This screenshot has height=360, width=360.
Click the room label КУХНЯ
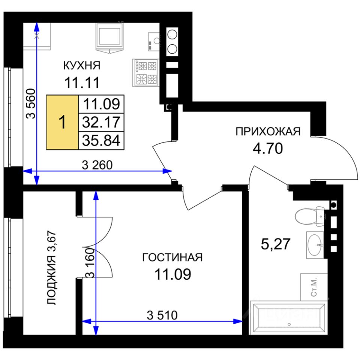point(82,65)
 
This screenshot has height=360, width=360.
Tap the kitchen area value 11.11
point(82,82)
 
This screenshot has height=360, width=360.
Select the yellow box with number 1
point(63,122)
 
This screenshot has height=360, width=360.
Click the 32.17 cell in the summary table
point(101,122)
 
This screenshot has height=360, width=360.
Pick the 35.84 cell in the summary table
point(101,141)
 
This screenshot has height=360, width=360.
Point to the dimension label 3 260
point(97,165)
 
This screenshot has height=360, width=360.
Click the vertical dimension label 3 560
point(30,103)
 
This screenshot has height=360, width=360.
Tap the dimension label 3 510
point(162,315)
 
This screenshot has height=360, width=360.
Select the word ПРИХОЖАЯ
point(268,132)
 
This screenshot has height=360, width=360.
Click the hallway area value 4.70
point(268,148)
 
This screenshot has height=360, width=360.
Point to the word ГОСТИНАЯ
point(172,257)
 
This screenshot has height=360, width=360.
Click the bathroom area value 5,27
point(276,244)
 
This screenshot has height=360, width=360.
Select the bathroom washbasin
point(315,245)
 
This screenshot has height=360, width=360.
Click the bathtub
point(289,317)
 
